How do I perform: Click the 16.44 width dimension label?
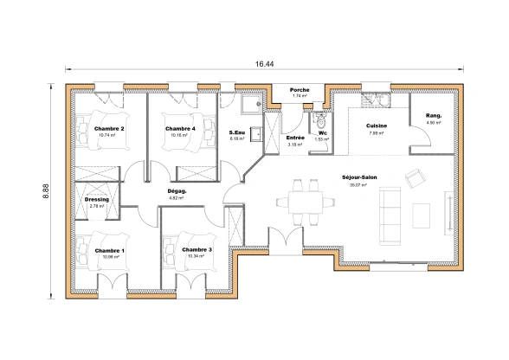[x=265, y=65]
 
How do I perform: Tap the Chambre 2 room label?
[x=109, y=129]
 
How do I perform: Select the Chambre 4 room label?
[x=180, y=129]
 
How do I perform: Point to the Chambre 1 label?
[x=109, y=251]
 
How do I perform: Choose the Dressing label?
[x=97, y=200]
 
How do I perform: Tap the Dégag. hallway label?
[x=177, y=191]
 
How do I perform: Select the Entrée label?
[x=294, y=138]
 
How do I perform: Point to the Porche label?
[x=300, y=90]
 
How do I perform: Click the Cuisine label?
[x=376, y=126]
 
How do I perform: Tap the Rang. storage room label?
[x=433, y=116]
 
